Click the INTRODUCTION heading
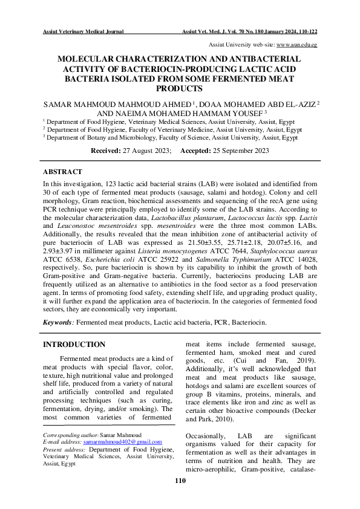pyautogui.click(x=74, y=345)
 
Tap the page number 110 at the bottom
pyautogui.click(x=180, y=481)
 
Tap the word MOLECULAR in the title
pyautogui.click(x=90, y=59)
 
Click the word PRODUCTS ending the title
pyautogui.click(x=180, y=88)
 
